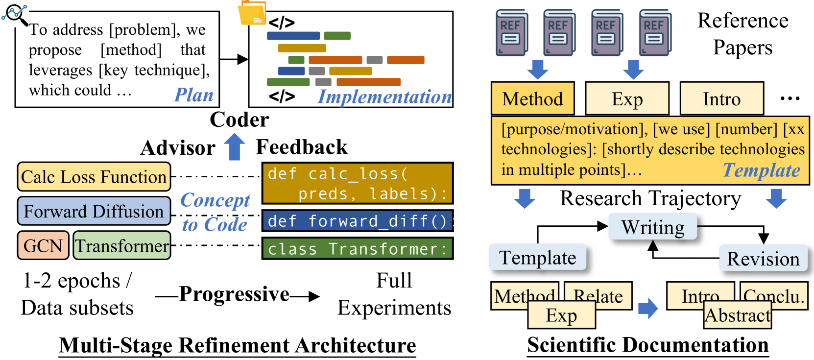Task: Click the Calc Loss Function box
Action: click(x=94, y=177)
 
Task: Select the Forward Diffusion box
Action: click(x=94, y=211)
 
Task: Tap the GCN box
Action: click(x=43, y=245)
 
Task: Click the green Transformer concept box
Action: click(x=122, y=245)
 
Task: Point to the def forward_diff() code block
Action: click(x=358, y=221)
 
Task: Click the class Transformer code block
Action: click(x=358, y=249)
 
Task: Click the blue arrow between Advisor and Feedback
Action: click(x=235, y=147)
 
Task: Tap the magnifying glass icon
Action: click(x=15, y=15)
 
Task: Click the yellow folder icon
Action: click(x=252, y=13)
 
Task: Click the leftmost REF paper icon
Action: click(x=511, y=32)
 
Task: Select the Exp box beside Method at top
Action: click(x=627, y=99)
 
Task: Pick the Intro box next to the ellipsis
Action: click(x=721, y=99)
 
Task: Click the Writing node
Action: click(x=652, y=227)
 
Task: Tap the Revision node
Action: click(x=763, y=259)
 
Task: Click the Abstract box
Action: click(x=737, y=316)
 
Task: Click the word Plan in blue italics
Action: click(x=194, y=95)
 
